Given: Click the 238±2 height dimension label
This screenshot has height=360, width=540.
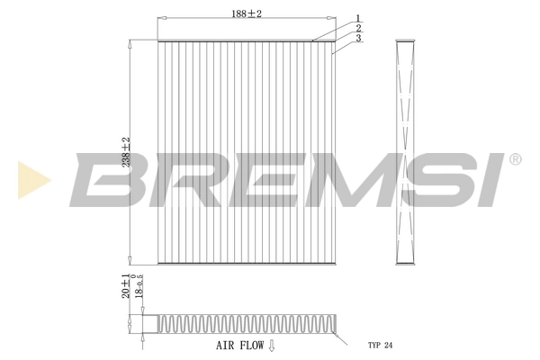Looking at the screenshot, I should coord(126,151).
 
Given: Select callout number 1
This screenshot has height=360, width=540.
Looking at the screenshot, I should coord(357,17).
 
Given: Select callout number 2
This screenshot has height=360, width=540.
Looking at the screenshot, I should coord(357,28).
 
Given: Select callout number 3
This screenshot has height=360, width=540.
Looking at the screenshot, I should coord(357,39).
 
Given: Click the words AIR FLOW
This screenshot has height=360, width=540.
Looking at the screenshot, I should coord(238,345).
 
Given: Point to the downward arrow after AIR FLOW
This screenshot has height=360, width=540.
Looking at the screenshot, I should coord(272,345).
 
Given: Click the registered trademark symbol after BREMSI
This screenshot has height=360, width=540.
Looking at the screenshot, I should coord(515,159).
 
